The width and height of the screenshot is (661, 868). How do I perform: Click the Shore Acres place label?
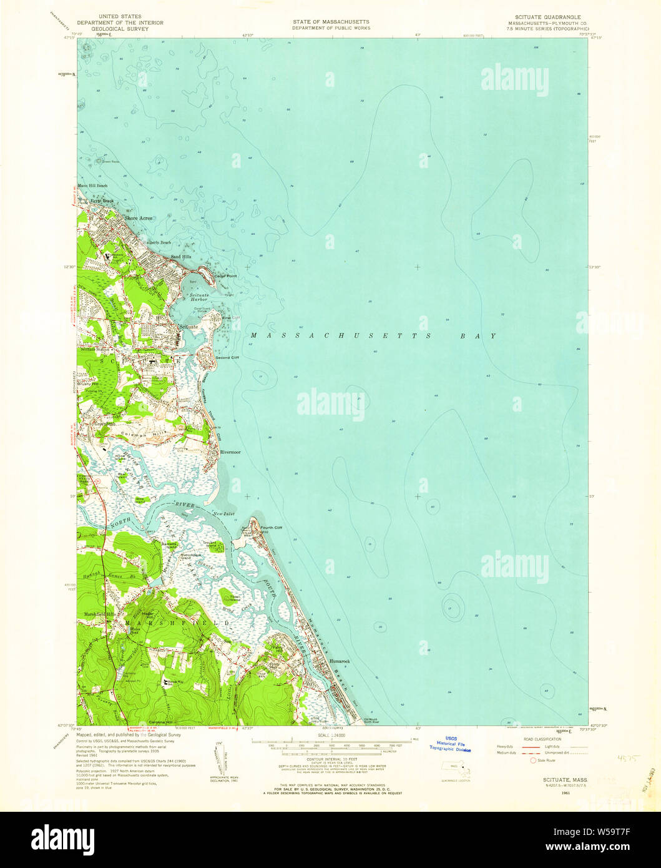(138, 218)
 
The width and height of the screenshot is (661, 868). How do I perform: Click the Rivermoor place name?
(230, 451)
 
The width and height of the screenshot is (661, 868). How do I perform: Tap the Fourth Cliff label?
(272, 528)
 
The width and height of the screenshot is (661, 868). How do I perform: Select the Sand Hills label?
(173, 257)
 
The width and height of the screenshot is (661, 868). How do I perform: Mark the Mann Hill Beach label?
(92, 185)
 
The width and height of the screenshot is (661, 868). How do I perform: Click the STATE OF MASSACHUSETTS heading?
(331, 21)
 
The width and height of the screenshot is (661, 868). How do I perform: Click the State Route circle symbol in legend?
(532, 761)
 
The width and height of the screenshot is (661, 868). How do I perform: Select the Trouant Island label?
(210, 545)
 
